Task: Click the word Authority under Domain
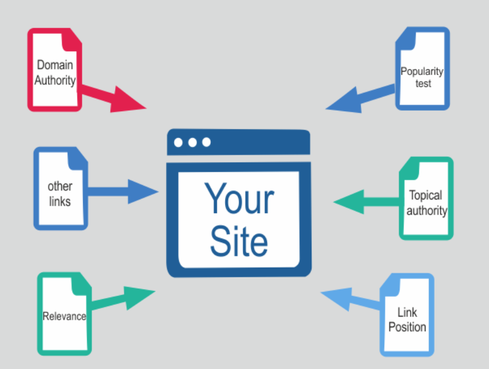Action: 54,80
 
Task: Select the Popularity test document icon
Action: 423,68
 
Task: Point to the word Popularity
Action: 422,72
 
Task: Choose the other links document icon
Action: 60,189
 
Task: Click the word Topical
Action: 426,196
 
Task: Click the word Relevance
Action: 64,316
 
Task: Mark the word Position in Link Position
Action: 407,327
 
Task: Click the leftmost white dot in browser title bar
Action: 179,142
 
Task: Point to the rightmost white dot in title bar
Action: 206,142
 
